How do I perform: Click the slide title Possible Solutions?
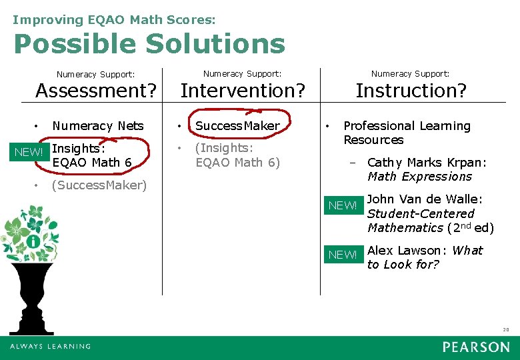(149, 45)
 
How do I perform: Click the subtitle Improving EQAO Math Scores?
(114, 20)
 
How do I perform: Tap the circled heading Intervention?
(243, 90)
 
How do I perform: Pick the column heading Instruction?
(411, 90)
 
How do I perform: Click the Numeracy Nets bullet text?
(97, 126)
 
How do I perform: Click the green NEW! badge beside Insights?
(28, 153)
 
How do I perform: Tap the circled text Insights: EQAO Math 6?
(91, 155)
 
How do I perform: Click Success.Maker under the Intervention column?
(237, 126)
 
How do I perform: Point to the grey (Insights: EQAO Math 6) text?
(237, 155)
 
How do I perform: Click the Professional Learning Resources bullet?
(406, 133)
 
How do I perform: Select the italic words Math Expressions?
(419, 177)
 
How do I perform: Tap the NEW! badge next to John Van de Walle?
(343, 205)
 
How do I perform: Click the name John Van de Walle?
(425, 199)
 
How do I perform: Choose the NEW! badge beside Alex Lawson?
(343, 255)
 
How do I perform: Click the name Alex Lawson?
(407, 251)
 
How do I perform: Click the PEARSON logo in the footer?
(476, 347)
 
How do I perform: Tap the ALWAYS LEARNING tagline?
(50, 347)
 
